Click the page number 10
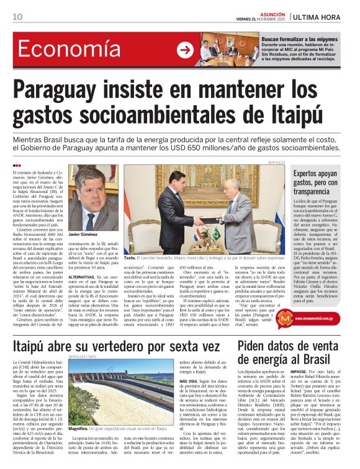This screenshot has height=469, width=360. [x=17, y=16]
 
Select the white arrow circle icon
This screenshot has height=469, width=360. [x=185, y=50]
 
